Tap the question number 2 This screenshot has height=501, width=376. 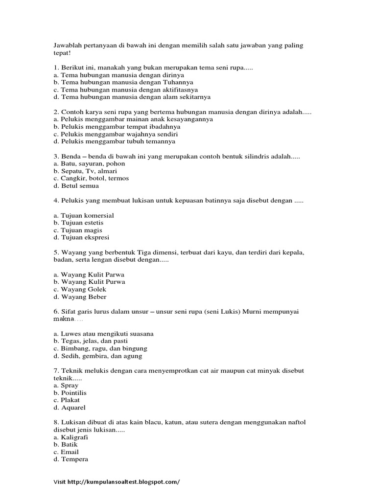(x=55, y=112)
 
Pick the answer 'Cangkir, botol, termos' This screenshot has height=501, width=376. (x=95, y=178)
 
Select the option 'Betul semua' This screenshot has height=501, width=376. (x=80, y=185)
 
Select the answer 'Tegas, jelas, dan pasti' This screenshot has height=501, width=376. (x=94, y=341)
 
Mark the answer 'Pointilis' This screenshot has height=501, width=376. (x=73, y=393)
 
